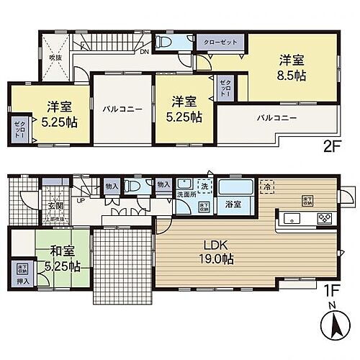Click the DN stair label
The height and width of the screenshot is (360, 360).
[144, 53]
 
